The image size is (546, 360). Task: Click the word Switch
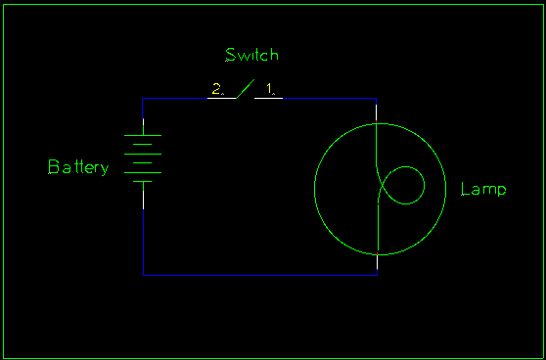251,55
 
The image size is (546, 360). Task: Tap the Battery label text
78,167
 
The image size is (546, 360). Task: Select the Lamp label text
483,190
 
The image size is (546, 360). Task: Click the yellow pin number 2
216,88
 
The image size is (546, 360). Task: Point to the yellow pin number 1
269,88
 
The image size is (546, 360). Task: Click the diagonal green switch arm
246,89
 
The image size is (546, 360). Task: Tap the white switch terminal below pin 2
222,98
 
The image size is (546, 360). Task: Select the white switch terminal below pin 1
268,98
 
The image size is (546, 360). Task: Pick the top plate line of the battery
143,135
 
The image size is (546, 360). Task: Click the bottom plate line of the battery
143,181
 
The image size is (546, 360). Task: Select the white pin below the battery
143,200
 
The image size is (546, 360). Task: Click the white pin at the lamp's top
376,112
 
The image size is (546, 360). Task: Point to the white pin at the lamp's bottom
377,262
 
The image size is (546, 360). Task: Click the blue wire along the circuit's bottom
260,275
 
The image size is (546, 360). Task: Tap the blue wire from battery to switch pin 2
175,98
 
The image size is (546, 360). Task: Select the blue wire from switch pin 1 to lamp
330,98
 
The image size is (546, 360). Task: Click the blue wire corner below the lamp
377,275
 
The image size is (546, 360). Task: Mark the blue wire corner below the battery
143,275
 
